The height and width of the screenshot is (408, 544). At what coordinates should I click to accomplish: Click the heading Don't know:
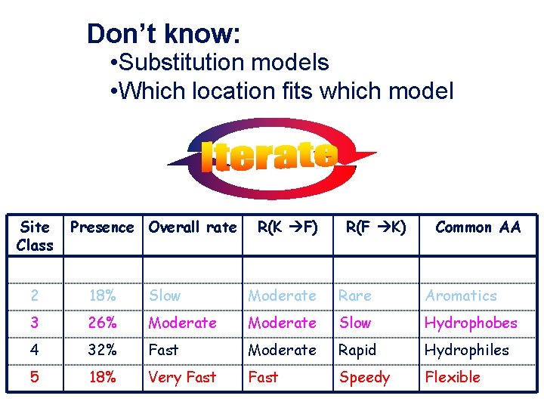pyautogui.click(x=163, y=34)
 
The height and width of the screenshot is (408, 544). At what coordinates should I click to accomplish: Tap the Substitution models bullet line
pyautogui.click(x=218, y=62)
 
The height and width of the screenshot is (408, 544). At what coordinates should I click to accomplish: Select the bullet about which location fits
pyautogui.click(x=281, y=91)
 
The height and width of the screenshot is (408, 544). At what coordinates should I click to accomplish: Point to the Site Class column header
pyautogui.click(x=36, y=236)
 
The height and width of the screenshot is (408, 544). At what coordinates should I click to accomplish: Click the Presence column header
pyautogui.click(x=102, y=227)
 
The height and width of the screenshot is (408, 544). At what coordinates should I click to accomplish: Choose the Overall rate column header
pyautogui.click(x=193, y=227)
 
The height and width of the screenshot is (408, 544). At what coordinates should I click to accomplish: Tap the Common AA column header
pyautogui.click(x=478, y=227)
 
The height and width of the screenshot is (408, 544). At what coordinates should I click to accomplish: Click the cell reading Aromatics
pyautogui.click(x=461, y=295)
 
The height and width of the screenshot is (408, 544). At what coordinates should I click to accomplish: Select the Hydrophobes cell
pyautogui.click(x=471, y=323)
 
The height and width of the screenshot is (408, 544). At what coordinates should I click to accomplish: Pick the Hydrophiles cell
pyautogui.click(x=467, y=350)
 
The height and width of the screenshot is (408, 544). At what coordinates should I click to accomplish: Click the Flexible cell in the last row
pyautogui.click(x=453, y=377)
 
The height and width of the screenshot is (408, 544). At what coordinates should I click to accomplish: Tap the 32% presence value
pyautogui.click(x=102, y=350)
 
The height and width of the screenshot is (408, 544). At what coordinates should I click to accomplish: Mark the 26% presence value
pyautogui.click(x=102, y=323)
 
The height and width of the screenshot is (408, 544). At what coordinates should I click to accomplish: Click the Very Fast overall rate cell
pyautogui.click(x=182, y=377)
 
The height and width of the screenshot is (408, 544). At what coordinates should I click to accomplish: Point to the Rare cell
pyautogui.click(x=355, y=295)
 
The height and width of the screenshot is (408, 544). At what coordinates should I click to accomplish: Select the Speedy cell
pyautogui.click(x=364, y=377)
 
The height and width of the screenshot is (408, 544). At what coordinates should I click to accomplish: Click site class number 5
pyautogui.click(x=36, y=377)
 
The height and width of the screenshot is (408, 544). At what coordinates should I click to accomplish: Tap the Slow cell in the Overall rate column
pyautogui.click(x=165, y=295)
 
